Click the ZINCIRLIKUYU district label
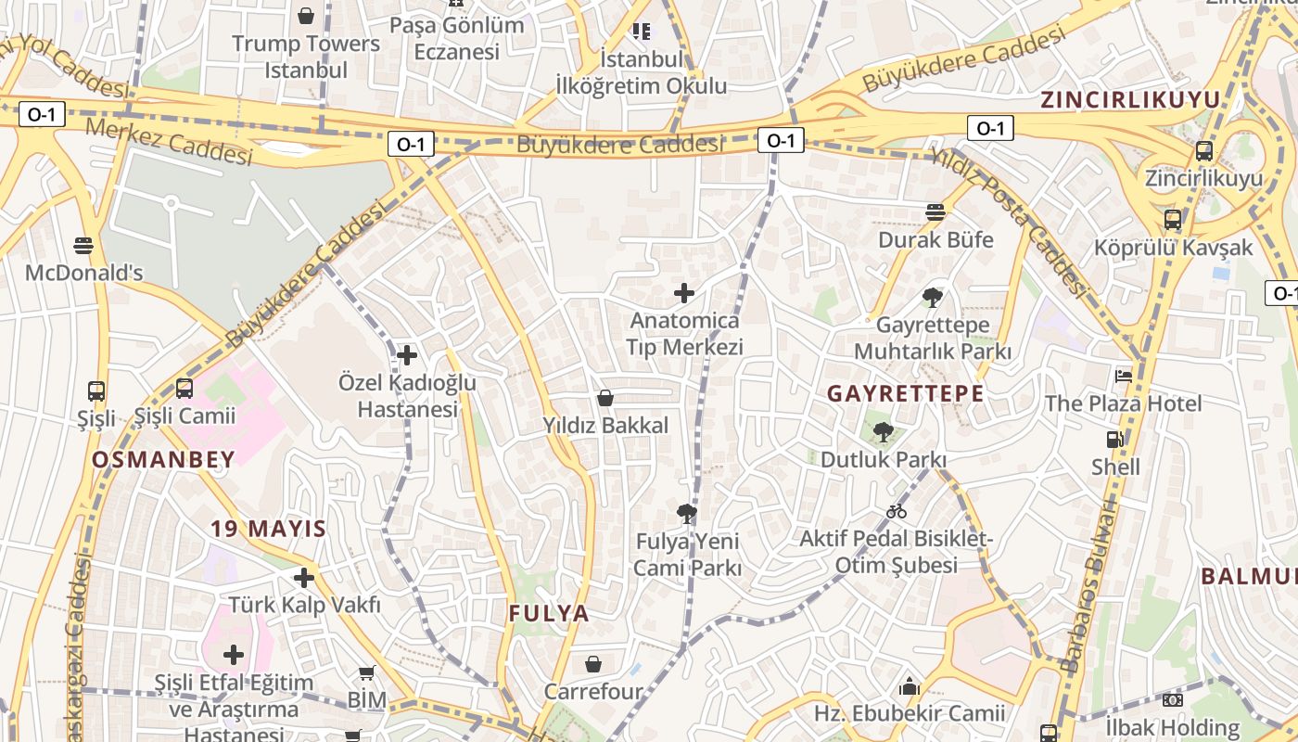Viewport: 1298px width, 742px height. coord(1129,99)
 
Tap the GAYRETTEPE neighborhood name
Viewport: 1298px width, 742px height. coord(905,393)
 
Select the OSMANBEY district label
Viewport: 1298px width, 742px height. coord(163,459)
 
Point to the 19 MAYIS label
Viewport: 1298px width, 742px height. coord(268,530)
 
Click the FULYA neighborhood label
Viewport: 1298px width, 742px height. coord(549,613)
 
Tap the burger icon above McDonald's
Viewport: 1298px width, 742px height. coord(83,246)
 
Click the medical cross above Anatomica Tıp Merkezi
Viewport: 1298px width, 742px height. coord(684,294)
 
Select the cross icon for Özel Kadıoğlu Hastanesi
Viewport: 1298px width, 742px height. coord(407,355)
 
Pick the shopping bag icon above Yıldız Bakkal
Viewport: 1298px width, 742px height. coord(605,399)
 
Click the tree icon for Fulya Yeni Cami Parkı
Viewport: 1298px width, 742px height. coord(687,513)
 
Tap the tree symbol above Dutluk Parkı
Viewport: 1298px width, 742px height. coord(883,431)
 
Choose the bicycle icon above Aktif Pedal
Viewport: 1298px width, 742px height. coord(896,511)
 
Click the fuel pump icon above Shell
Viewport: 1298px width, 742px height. coord(1115,440)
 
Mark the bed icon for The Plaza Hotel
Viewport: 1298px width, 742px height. coord(1124,377)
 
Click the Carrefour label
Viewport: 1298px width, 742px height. coord(592,692)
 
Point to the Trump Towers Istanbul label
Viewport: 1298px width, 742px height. coord(306,57)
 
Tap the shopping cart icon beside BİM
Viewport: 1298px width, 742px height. coord(367,673)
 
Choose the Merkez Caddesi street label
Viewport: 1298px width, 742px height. coord(169,141)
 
